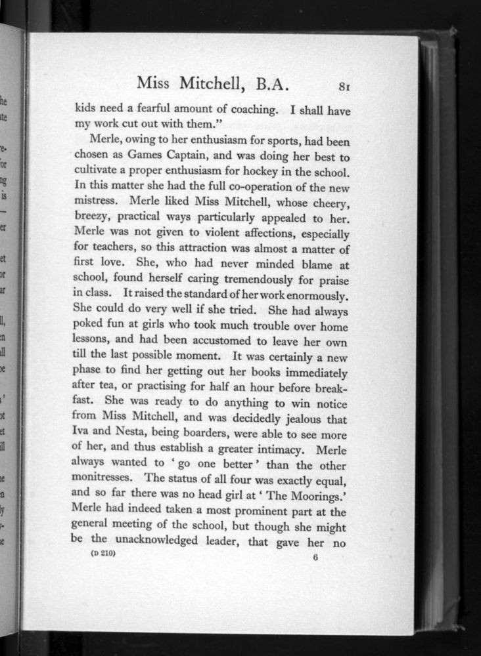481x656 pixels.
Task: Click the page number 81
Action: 348,85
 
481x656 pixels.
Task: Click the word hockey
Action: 270,174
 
